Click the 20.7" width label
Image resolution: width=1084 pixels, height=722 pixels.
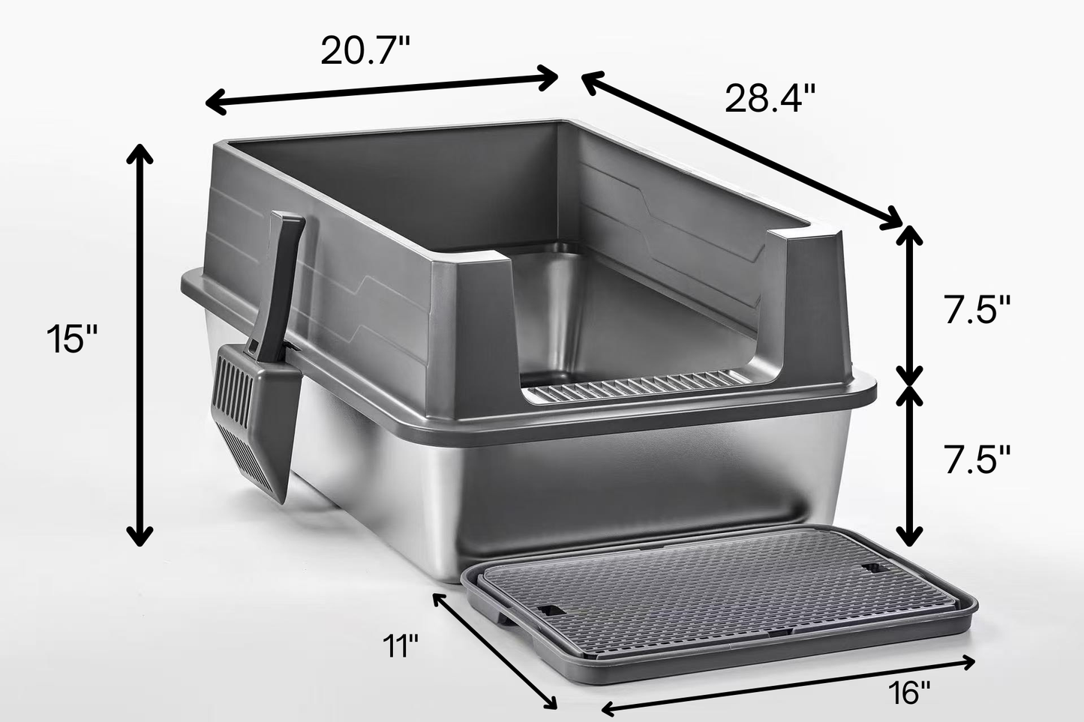365,52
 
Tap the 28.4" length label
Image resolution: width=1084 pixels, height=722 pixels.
769,99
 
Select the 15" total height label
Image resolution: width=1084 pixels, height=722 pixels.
72,338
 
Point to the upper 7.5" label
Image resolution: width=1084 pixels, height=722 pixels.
977,309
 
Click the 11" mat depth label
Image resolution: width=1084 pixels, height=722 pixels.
399,645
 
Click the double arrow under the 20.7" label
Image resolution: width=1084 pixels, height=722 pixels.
383,89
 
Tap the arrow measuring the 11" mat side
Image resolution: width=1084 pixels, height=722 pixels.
495,649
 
